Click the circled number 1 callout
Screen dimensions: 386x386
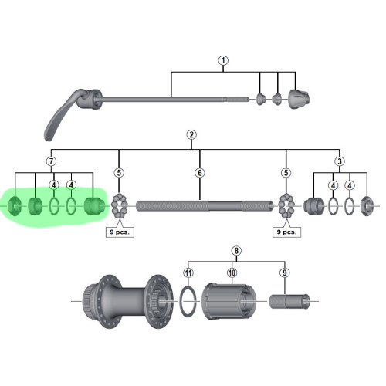pos(223,61)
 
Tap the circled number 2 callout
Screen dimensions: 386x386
pos(191,135)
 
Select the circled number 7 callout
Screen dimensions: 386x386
pos(51,161)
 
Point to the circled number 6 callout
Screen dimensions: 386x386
pos(200,173)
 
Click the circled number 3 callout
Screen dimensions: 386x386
pos(340,161)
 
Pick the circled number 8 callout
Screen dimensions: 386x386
pos(236,250)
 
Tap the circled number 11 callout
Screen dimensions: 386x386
pos(188,273)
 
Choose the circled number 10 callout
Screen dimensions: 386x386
pos(232,273)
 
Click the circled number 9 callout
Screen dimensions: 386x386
pos(285,273)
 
